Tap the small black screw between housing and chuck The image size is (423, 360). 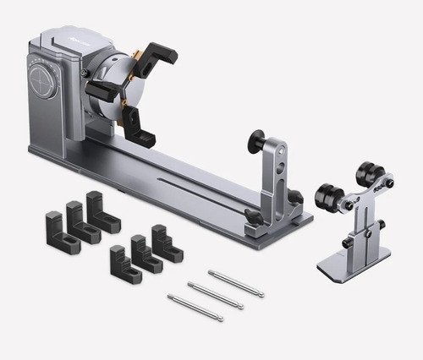(85, 74)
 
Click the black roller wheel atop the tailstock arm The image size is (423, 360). (255, 140)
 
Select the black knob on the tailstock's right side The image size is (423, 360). (294, 197)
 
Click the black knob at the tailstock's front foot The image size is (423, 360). (252, 217)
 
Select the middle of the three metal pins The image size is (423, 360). (215, 295)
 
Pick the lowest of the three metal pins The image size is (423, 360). (195, 308)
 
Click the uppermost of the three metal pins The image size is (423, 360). (236, 283)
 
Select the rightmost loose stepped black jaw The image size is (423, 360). (166, 243)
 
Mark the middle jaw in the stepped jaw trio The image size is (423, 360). (146, 254)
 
